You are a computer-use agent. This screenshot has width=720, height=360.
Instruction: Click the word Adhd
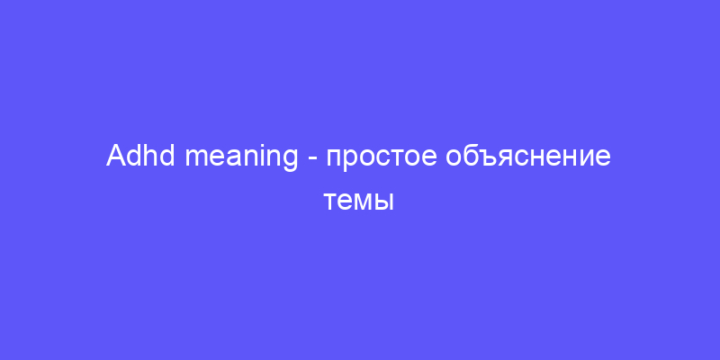pyautogui.click(x=140, y=156)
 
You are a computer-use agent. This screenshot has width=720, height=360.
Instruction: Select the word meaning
pyautogui.click(x=241, y=158)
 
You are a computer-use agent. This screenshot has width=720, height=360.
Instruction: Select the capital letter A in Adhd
pyautogui.click(x=116, y=156)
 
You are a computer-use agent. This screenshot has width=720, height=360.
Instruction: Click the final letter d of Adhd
pyautogui.click(x=167, y=156)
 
